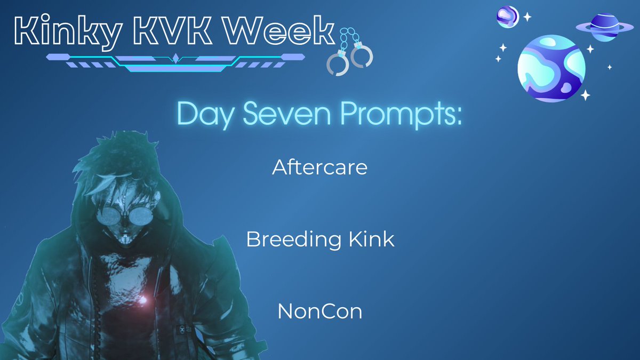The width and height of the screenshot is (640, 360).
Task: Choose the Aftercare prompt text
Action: pos(319,167)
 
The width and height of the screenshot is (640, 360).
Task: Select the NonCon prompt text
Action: pos(319,311)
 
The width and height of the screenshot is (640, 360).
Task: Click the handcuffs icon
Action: pos(349,51)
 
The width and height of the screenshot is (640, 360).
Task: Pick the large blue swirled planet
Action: pos(551,68)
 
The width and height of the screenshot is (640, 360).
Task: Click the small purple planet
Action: pos(508,16)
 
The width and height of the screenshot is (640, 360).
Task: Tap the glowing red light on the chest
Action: pos(143,300)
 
